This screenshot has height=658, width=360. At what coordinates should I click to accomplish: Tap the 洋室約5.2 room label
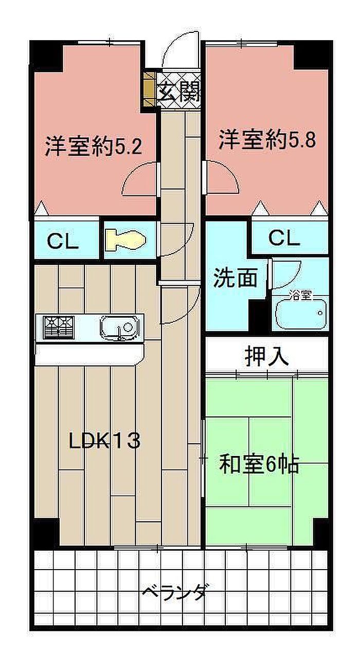click(94, 146)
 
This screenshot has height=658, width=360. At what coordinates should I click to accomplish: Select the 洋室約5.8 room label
click(267, 139)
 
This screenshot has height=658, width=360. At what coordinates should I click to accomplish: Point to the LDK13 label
click(104, 441)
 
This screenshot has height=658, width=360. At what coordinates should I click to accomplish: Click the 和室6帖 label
click(259, 464)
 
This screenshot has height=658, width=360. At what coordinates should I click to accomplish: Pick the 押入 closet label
click(266, 356)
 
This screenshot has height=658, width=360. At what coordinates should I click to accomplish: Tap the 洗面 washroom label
click(235, 278)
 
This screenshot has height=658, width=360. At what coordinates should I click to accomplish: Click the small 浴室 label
click(300, 295)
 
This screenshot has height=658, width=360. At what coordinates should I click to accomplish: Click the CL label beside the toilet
click(63, 242)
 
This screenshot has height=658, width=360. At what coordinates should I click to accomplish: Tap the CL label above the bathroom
click(284, 238)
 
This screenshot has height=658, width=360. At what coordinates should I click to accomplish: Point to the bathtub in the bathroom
click(301, 314)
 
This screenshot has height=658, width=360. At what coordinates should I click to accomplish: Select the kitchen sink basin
click(119, 327)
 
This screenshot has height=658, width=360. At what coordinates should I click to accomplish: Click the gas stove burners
click(59, 327)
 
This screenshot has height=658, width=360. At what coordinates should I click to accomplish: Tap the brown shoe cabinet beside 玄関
click(149, 89)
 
